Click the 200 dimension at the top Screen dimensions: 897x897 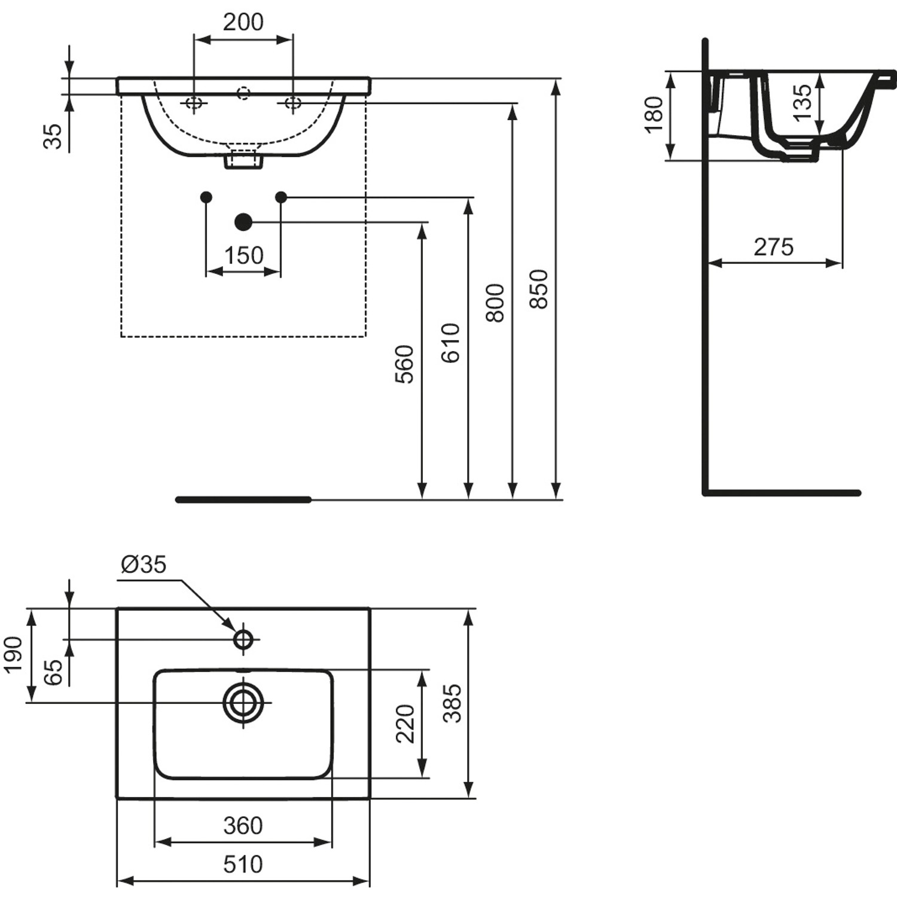point(243,22)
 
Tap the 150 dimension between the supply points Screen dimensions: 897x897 point(243,255)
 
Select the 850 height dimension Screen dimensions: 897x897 point(539,289)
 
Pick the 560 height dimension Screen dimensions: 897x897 point(405,364)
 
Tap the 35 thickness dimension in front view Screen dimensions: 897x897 point(53,136)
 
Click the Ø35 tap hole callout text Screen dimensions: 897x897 point(144,564)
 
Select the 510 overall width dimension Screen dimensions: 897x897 point(243,864)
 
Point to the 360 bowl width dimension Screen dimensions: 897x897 point(243,826)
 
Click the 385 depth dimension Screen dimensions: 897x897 point(453,703)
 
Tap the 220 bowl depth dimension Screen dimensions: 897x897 point(405,724)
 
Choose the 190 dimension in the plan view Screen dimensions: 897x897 point(13,654)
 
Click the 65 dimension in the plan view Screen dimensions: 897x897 point(53,672)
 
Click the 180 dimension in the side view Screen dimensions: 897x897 point(654,114)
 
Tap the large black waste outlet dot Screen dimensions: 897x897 point(243,222)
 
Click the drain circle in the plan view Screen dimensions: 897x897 point(243,703)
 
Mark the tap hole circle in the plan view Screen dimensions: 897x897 point(243,639)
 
